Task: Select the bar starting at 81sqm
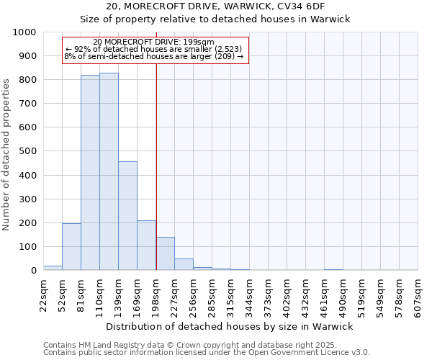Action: coord(90,173)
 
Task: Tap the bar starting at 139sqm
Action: coord(127,216)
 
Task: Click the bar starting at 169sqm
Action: coord(146,246)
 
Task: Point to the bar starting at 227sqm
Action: coord(184,264)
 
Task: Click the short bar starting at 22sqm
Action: coord(53,268)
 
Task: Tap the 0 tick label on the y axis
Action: coord(33,271)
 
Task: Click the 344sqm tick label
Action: coord(249,296)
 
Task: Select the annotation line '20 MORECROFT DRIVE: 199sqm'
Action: coord(153,42)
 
